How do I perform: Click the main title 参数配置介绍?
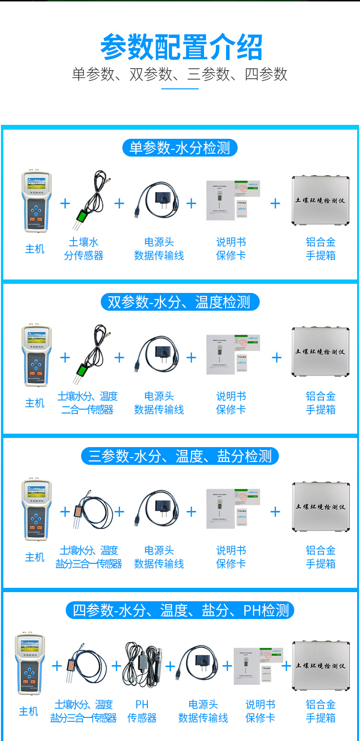(181, 47)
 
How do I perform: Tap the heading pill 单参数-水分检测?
(180, 147)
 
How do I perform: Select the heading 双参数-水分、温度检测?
(180, 302)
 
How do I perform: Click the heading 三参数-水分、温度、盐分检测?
(180, 456)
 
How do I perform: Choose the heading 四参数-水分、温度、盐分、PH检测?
(180, 610)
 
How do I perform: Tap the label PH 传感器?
(142, 711)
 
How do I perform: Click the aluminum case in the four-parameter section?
(321, 666)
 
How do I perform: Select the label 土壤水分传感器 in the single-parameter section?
(84, 249)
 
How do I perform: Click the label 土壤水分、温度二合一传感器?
(87, 403)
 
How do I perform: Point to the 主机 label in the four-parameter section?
(28, 711)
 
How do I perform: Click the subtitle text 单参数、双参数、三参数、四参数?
(180, 74)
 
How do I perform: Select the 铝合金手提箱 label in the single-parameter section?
(321, 249)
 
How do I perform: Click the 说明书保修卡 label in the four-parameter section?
(260, 711)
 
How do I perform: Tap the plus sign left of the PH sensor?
(116, 666)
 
